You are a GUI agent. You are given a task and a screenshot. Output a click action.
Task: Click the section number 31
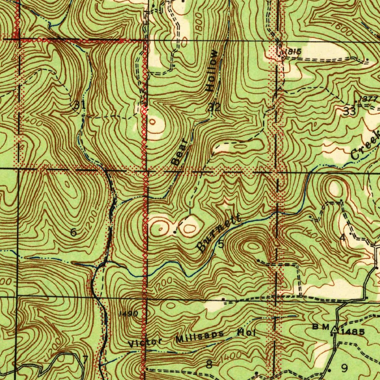click(x=79, y=105)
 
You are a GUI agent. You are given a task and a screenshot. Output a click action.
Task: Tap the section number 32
click(x=214, y=108)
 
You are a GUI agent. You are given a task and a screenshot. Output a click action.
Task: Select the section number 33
click(x=350, y=111)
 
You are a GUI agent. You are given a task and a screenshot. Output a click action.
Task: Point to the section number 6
click(x=73, y=233)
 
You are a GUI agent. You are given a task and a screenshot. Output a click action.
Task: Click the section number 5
click(x=221, y=244)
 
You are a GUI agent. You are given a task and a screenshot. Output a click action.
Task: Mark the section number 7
click(x=85, y=359)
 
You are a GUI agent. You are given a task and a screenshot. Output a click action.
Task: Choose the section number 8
click(x=209, y=364)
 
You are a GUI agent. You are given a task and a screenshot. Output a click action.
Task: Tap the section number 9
click(x=344, y=368)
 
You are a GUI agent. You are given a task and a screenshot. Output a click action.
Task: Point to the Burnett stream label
click(x=219, y=233)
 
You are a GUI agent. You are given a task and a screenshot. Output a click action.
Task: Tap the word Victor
click(x=145, y=342)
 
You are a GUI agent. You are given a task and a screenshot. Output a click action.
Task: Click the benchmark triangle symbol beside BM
click(x=335, y=329)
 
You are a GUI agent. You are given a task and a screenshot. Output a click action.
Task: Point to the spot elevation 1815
click(x=293, y=52)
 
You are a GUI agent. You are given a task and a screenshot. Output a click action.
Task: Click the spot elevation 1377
click(x=368, y=99)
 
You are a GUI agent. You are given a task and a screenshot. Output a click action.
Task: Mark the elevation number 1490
click(x=128, y=314)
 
